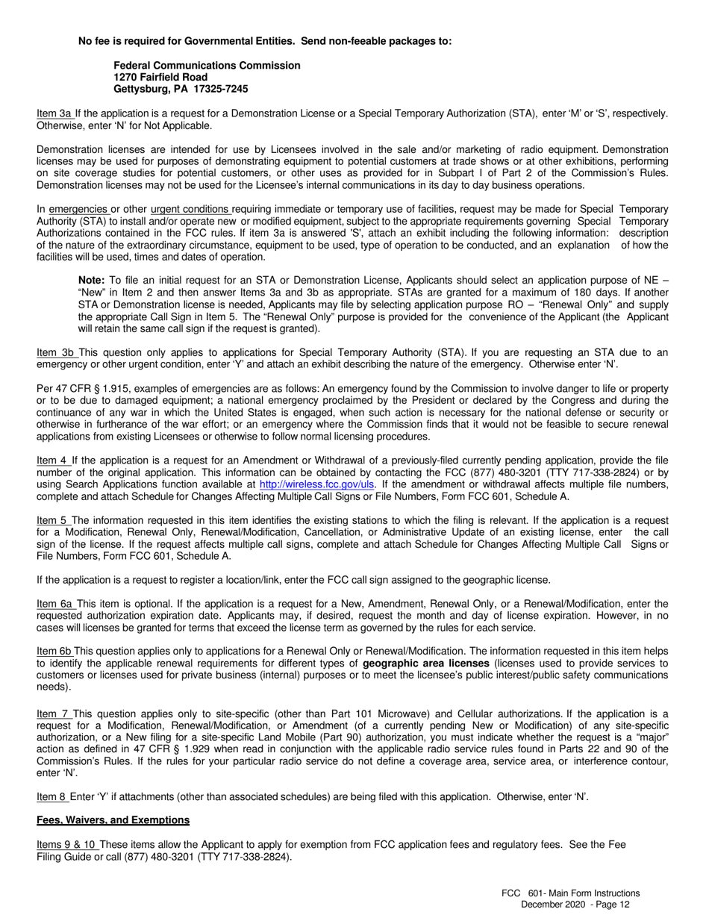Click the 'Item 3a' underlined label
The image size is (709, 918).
[54, 113]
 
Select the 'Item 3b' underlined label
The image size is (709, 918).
[54, 352]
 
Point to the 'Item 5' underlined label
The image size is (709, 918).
[52, 519]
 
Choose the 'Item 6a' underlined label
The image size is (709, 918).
[54, 603]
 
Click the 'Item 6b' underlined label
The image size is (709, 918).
[54, 652]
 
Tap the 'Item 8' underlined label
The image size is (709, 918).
[51, 796]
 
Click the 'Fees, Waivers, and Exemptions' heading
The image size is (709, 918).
[113, 820]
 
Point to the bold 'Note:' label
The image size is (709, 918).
[92, 280]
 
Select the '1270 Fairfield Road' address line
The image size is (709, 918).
[160, 77]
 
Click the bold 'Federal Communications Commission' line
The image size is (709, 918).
[207, 66]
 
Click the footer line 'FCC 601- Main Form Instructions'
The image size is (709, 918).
[570, 893]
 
